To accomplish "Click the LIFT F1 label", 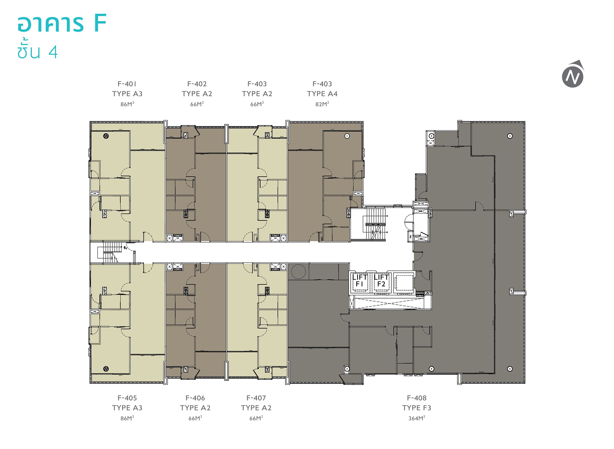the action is point(360,281).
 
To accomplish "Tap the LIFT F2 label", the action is point(381,281).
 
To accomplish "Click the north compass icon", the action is point(573,74).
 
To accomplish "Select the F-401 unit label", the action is point(127,84).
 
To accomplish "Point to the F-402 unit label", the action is point(197,84).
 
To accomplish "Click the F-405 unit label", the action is point(127,398).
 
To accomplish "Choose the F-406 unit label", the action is point(195,398).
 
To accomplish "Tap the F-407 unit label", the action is point(256,398).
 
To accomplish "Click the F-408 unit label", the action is point(417,398).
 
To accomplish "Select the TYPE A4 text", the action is point(322,94).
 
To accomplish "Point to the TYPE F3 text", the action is point(417,408).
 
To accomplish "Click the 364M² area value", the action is point(417,418).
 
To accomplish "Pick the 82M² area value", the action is point(322,104).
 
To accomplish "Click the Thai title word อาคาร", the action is point(50,24).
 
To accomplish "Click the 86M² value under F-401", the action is point(127,104).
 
